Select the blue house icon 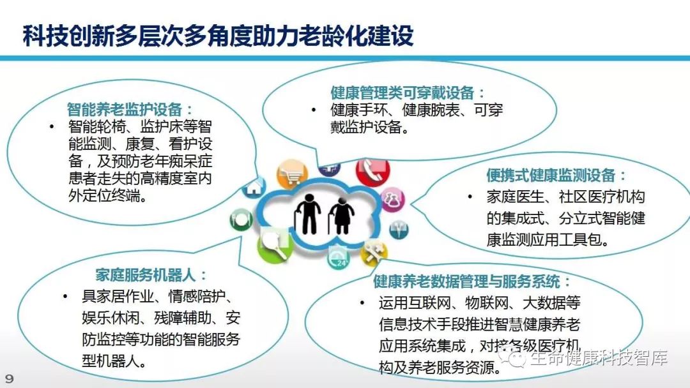(255, 187)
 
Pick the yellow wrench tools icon (372, 253)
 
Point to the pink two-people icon (392, 199)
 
